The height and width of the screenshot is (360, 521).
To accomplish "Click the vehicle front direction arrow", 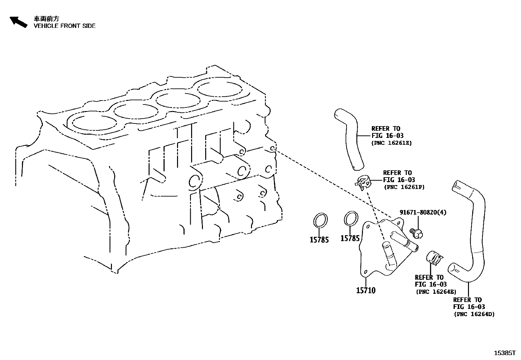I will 18,22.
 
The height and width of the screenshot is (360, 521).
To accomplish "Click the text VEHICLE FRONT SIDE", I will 64,26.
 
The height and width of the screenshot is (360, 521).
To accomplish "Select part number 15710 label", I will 366,290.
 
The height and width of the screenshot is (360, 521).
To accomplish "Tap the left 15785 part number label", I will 319,240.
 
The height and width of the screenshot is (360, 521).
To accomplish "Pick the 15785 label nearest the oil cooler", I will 350,238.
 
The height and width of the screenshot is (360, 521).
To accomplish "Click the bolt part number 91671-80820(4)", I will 423,212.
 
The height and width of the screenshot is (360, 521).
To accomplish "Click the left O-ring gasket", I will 320,219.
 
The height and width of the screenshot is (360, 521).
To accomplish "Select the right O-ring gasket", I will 351,218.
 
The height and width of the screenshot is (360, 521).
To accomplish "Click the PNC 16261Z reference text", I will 391,143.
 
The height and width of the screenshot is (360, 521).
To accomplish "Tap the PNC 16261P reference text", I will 404,187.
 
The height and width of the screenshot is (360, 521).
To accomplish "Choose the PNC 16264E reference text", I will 436,292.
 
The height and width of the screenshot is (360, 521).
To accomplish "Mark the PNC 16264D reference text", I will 474,314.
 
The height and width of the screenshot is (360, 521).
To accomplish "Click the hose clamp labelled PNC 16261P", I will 363,182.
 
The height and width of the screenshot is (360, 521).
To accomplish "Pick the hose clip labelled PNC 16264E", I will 434,258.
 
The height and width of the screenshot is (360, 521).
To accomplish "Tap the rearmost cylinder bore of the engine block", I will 220,89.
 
